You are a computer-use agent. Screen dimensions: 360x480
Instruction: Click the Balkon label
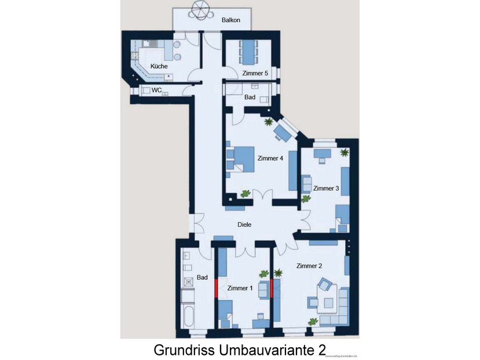[x=230, y=20]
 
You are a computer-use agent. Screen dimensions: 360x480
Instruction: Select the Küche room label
[x=159, y=67]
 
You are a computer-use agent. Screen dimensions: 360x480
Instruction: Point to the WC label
[x=156, y=90]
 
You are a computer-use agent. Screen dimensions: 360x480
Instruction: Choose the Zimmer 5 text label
[x=255, y=74]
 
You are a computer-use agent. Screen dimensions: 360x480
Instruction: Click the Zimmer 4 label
[x=270, y=158]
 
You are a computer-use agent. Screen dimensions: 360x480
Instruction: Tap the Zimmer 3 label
[x=326, y=189]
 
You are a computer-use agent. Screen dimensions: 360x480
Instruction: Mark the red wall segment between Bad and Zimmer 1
[x=216, y=288]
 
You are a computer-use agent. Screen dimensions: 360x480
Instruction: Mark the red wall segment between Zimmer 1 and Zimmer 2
[x=272, y=288]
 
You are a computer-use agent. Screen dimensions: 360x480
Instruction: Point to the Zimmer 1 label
[x=240, y=288]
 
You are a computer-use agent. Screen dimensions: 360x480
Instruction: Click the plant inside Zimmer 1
[x=263, y=274]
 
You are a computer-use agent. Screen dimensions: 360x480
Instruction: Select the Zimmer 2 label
[x=309, y=266]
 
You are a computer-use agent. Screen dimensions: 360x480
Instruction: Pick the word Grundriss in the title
[x=183, y=350]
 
